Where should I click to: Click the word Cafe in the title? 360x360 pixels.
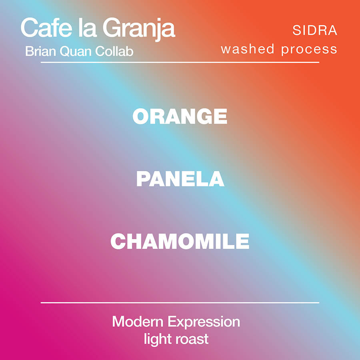tap(46, 28)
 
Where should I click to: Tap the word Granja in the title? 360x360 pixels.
tap(139, 29)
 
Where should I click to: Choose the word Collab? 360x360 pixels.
tap(114, 51)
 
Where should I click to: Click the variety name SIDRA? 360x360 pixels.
tap(315, 30)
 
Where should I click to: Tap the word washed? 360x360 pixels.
tap(248, 49)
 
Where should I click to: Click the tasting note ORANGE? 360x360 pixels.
tap(180, 116)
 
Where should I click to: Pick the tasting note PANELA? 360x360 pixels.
tap(180, 179)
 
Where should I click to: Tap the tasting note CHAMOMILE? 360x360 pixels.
tap(180, 241)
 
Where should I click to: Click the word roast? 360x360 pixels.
tap(191, 339)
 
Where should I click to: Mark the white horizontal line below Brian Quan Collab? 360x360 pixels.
tap(180, 62)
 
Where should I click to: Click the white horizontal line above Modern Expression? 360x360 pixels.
tap(180, 303)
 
